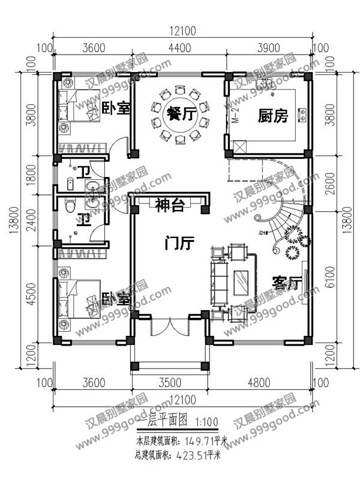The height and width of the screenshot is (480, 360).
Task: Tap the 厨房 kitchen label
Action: tap(272, 115)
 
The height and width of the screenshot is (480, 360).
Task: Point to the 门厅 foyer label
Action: tap(179, 244)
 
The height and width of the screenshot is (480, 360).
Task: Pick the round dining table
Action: tap(179, 116)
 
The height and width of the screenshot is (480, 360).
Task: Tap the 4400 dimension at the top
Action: tap(179, 49)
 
